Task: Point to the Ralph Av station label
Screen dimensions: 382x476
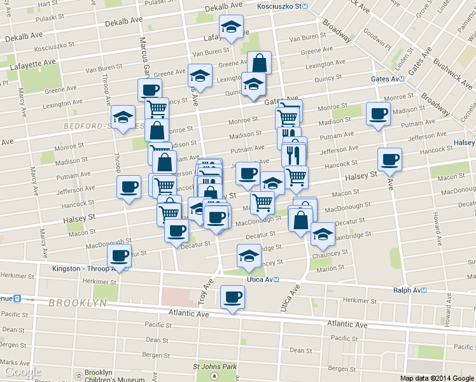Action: (x=409, y=290)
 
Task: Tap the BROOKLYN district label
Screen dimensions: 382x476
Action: (x=77, y=303)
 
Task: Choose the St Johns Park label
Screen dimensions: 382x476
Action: (x=215, y=367)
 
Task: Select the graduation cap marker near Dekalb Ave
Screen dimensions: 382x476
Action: (x=231, y=27)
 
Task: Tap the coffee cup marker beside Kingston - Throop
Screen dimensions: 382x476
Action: (x=119, y=256)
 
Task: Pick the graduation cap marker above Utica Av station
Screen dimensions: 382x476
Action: (x=249, y=256)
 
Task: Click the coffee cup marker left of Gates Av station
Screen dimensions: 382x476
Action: (x=378, y=114)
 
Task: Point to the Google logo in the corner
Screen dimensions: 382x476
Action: (x=22, y=372)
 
